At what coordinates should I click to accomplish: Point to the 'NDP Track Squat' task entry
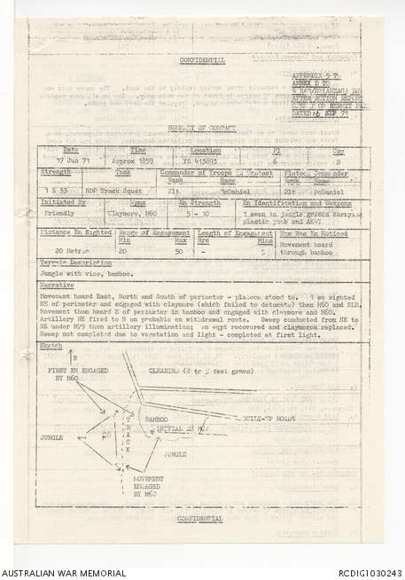point(105,192)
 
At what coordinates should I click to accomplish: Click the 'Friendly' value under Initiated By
point(58,214)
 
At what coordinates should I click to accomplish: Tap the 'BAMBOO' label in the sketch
point(157,416)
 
